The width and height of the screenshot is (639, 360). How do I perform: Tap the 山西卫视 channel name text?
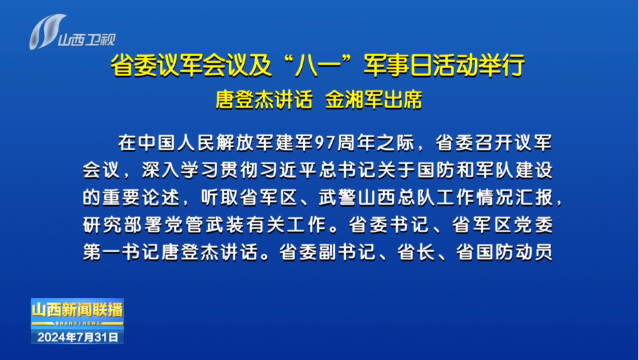tap(87, 40)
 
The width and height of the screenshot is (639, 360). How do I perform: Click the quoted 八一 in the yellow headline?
tap(317, 65)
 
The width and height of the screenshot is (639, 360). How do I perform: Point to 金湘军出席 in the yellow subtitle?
tap(374, 100)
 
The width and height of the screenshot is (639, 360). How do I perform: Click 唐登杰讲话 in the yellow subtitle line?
tap(264, 100)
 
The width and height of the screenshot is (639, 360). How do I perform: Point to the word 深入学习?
tap(180, 171)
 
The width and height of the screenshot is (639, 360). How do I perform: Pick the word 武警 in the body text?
tap(337, 198)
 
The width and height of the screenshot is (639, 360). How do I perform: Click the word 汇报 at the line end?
tap(534, 198)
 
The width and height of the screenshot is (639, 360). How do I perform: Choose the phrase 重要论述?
tap(141, 198)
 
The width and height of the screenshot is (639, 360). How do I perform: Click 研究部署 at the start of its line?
tap(122, 225)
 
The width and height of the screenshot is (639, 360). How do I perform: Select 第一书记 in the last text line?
tap(122, 253)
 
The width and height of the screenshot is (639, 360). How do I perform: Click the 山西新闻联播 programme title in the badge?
tap(77, 310)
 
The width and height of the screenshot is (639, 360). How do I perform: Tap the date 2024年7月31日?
tap(77, 337)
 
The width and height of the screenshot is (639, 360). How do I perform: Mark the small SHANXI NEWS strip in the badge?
tap(77, 323)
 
